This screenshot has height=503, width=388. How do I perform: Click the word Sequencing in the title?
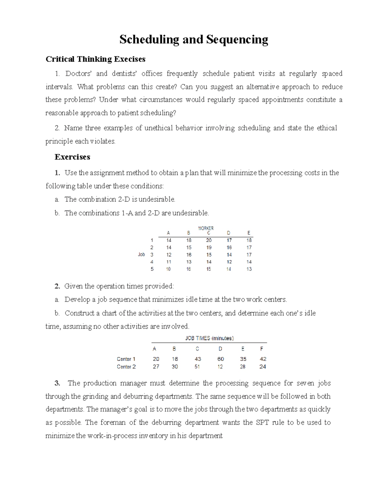237,40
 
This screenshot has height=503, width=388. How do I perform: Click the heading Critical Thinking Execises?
95,59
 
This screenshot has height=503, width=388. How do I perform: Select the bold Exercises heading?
72,157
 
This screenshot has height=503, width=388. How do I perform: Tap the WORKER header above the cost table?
206,228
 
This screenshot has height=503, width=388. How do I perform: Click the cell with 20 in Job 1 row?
209,240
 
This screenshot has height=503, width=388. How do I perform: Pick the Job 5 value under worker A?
168,269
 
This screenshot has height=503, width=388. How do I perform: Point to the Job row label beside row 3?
141,255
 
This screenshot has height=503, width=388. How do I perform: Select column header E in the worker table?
249,233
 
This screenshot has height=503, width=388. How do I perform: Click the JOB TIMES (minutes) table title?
209,338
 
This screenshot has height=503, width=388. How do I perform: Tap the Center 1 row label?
126,359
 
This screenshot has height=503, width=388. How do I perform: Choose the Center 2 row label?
126,367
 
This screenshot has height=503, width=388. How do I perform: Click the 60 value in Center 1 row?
221,359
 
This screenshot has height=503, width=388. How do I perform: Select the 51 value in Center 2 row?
197,367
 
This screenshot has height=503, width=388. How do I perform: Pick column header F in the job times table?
262,349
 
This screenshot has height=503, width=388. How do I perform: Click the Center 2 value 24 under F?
263,367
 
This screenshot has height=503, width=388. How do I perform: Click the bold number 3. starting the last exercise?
58,383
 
